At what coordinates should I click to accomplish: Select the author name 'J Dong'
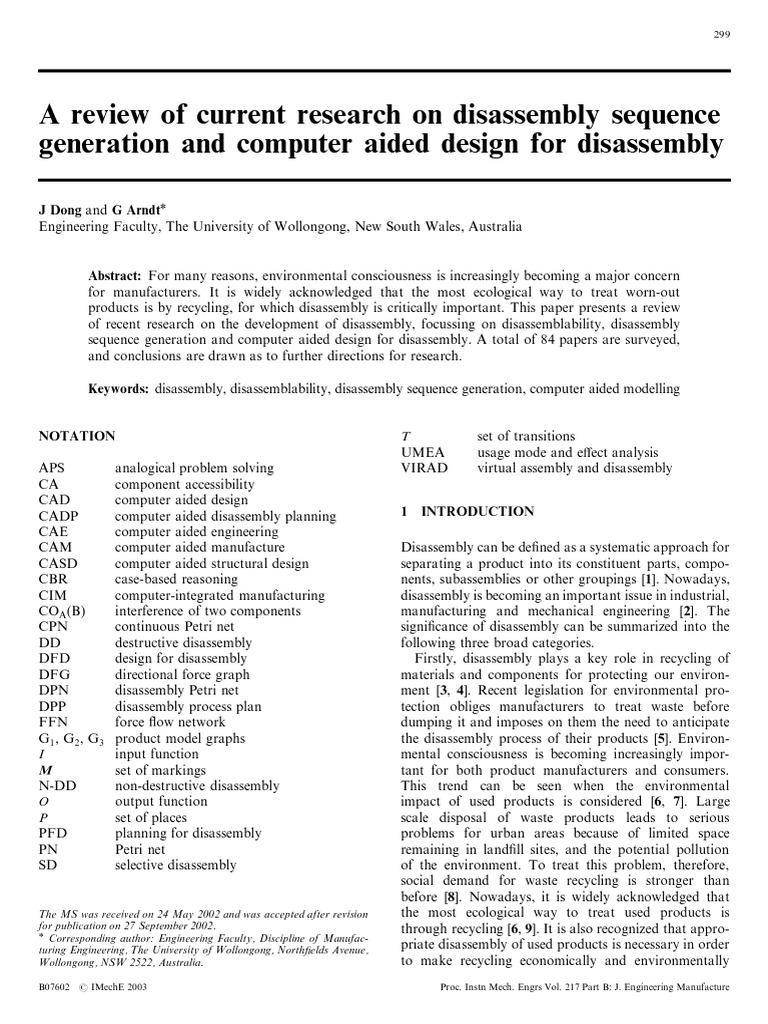60,210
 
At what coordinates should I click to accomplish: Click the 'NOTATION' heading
76,436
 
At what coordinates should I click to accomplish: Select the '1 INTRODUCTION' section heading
467,511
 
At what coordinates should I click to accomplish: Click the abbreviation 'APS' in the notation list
52,468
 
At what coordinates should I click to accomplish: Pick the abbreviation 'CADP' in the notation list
56,516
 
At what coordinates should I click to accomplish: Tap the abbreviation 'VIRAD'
424,468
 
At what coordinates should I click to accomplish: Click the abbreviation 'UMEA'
422,452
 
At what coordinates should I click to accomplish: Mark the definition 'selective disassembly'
176,865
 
